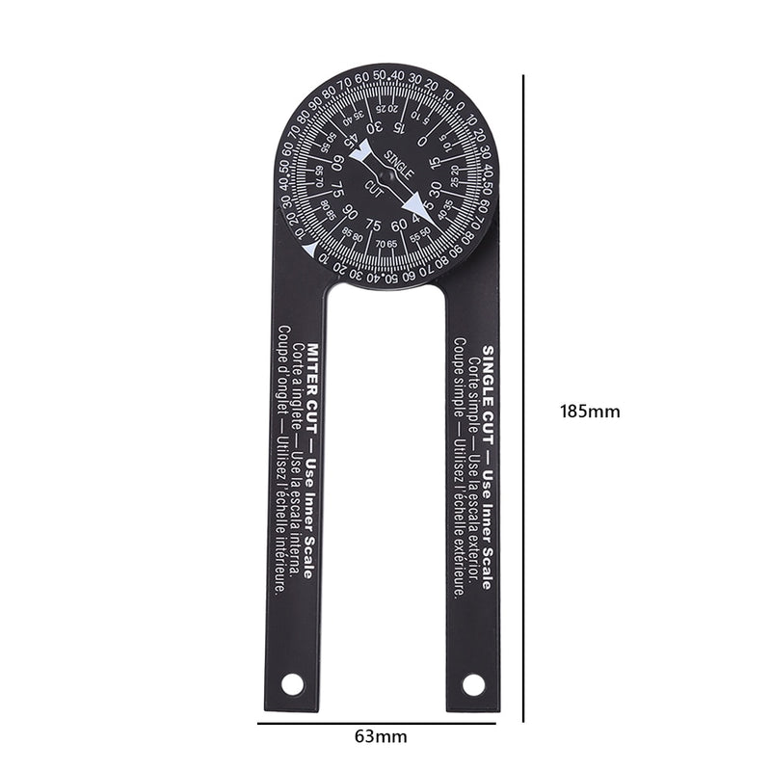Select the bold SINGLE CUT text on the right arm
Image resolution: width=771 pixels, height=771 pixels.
[489, 381]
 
